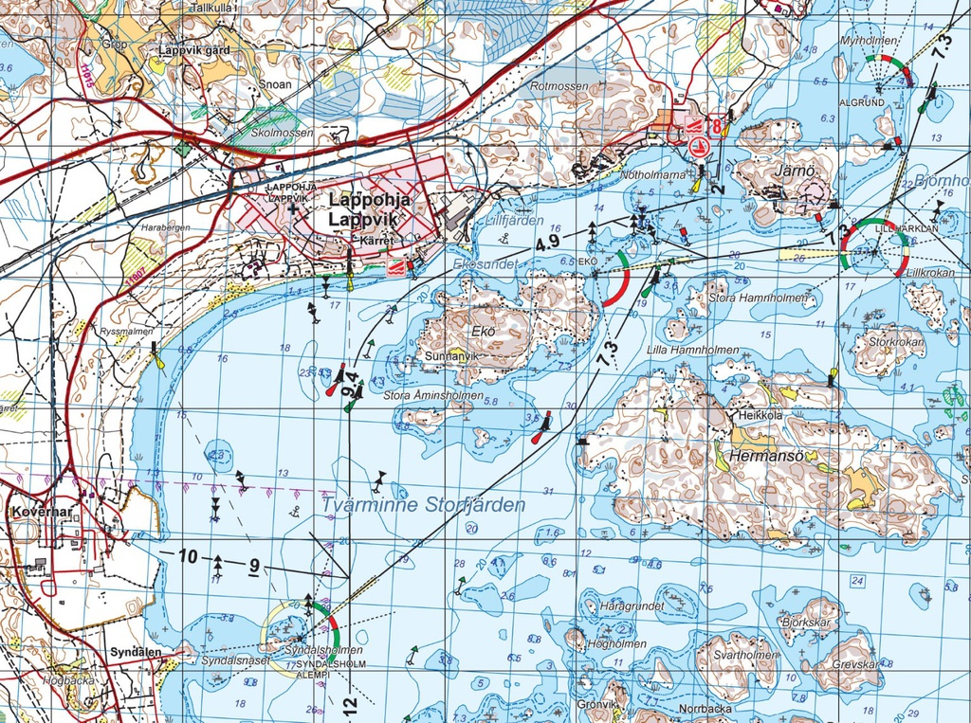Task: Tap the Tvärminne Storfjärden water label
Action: [423, 506]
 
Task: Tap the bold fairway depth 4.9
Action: [547, 243]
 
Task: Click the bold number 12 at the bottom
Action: [349, 704]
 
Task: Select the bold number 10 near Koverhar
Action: [189, 556]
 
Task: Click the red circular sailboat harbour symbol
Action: [701, 147]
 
